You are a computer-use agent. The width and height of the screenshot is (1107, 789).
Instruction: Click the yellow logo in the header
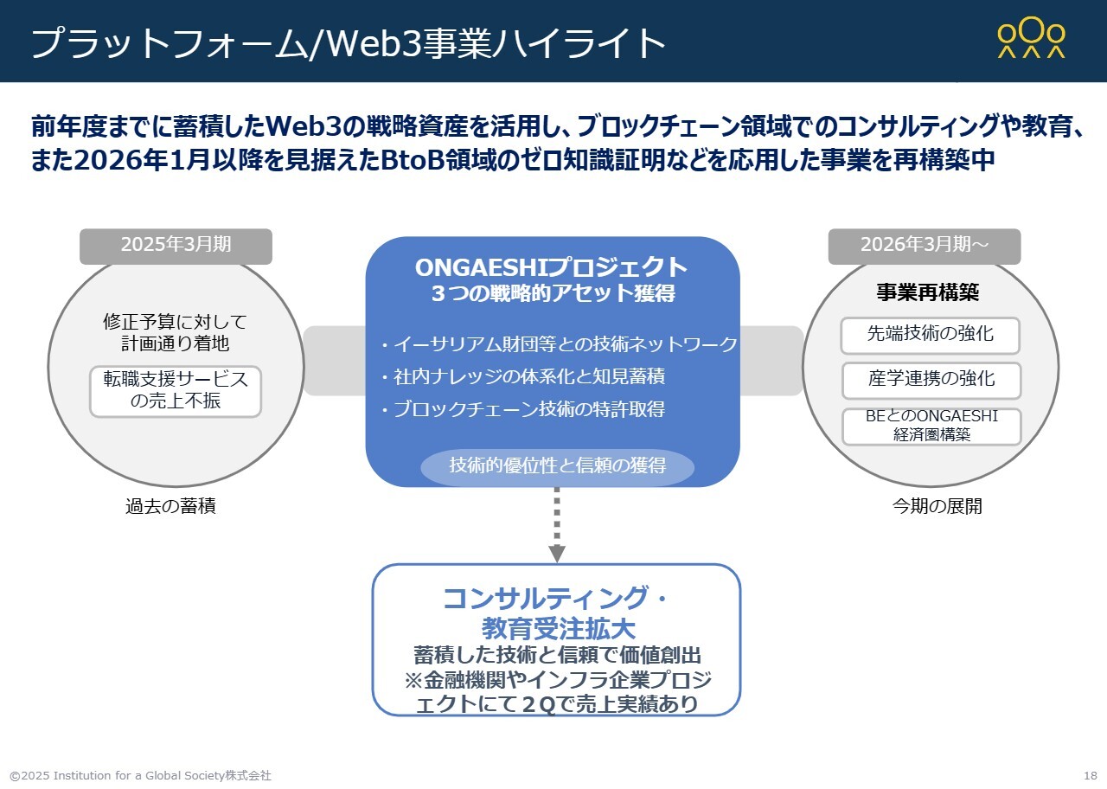click(1031, 40)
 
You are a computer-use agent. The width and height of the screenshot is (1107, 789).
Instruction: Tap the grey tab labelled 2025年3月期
click(176, 246)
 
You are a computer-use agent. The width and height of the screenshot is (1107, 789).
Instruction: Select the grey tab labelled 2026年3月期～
click(924, 246)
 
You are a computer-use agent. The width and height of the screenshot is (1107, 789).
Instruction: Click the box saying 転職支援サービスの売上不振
click(176, 391)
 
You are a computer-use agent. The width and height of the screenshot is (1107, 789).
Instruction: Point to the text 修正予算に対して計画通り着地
click(176, 332)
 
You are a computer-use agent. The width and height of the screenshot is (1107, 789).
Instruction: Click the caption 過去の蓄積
click(170, 507)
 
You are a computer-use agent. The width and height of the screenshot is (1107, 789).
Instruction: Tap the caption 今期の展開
click(937, 507)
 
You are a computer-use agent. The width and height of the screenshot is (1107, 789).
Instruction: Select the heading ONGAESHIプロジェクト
click(552, 267)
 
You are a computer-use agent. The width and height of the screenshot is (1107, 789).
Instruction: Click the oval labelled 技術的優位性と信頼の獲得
click(557, 466)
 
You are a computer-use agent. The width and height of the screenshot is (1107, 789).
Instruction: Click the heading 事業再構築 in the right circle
click(928, 292)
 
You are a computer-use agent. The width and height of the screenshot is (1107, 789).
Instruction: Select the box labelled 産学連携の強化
click(931, 380)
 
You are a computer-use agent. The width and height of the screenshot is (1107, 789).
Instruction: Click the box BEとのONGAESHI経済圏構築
click(931, 426)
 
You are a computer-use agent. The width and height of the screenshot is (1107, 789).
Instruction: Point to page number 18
click(1090, 775)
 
